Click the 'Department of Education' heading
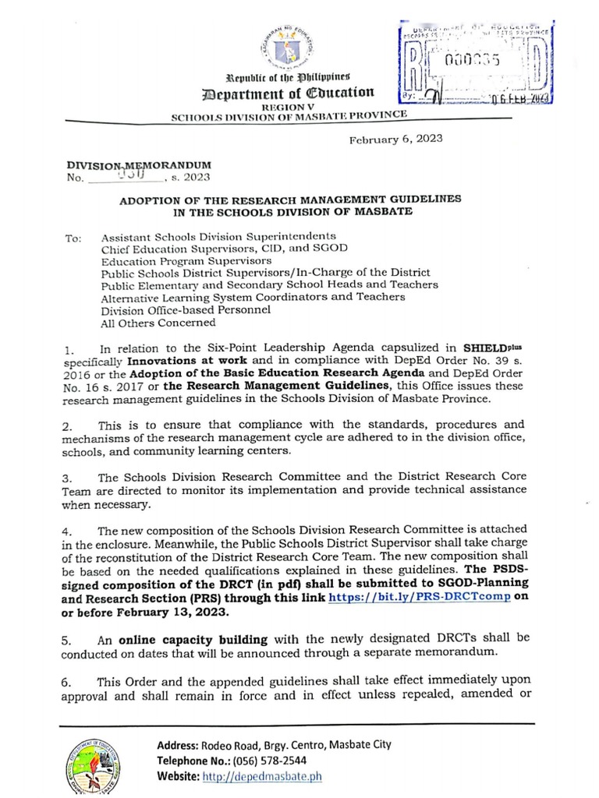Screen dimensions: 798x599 coord(299,94)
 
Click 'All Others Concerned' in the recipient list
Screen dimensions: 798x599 coord(147,321)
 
